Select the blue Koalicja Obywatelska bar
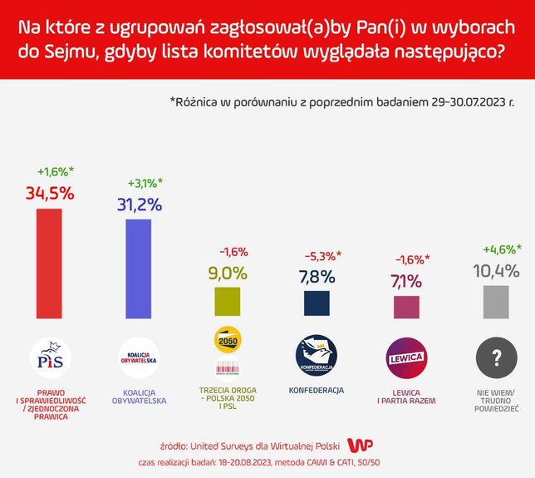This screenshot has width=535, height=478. tap(138, 267)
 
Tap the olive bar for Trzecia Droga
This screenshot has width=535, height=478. tap(227, 301)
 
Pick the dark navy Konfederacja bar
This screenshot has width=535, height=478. tap(316, 303)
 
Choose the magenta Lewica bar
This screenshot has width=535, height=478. tap(405, 305)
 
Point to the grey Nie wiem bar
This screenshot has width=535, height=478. tap(495, 300)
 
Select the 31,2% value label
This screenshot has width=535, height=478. tap(138, 205)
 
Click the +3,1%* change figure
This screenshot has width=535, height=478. tap(145, 183)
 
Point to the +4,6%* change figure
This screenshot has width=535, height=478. tap(502, 249)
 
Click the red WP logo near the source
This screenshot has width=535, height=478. tap(358, 445)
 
